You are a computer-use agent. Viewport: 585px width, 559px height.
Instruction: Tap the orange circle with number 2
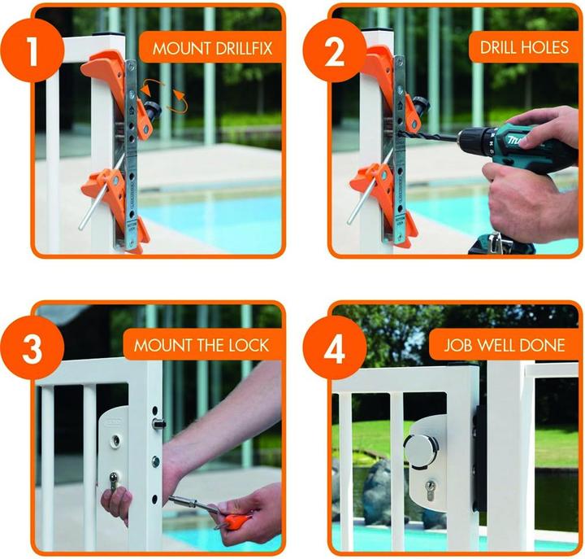click(x=333, y=50)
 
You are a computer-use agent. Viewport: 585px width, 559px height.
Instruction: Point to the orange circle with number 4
click(x=333, y=348)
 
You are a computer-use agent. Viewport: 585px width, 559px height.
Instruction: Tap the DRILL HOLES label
click(x=524, y=48)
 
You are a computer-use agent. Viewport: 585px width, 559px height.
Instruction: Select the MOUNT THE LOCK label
click(x=201, y=345)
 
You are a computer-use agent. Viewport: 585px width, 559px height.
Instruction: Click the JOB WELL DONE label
click(x=504, y=345)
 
